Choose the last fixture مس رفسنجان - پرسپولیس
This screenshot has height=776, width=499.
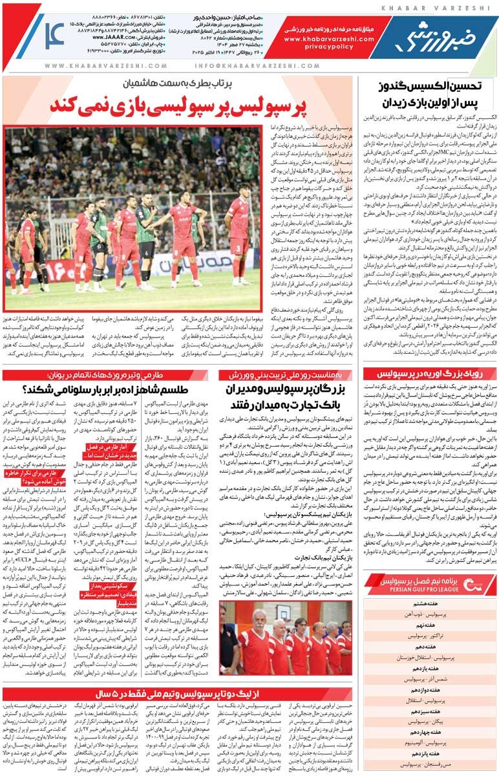click(430, 762)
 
